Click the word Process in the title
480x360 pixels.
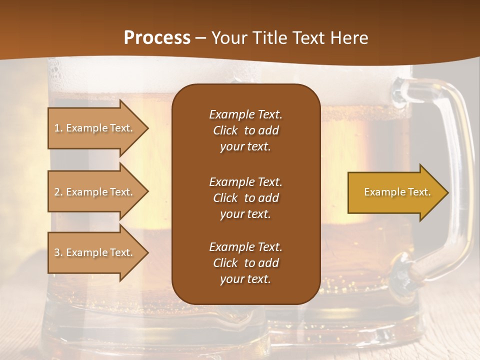[x=157, y=38]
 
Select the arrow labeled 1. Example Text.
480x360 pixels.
[x=95, y=128]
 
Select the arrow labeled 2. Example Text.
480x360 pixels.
[x=95, y=192]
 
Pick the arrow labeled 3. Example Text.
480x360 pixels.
[x=95, y=252]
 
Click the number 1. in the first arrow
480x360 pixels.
[x=58, y=128]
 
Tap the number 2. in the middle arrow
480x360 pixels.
[x=58, y=192]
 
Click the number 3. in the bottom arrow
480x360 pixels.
[x=58, y=252]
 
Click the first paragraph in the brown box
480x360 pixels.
[x=245, y=130]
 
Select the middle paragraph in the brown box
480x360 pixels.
[x=245, y=198]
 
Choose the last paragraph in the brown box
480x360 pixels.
[x=245, y=263]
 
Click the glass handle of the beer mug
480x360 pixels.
[x=457, y=165]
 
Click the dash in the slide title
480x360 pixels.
[x=200, y=38]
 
